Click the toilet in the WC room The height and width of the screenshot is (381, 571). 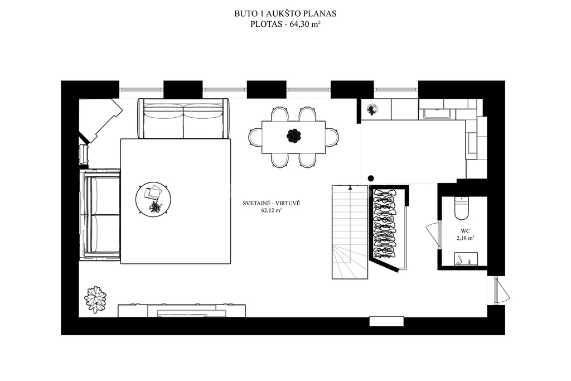point(461,208)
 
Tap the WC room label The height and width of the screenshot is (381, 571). point(465,231)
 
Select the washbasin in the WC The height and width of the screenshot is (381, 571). point(466,259)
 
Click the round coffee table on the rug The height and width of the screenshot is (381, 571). point(154,200)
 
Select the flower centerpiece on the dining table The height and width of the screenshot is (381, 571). point(293,136)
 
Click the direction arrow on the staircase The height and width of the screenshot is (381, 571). point(350,188)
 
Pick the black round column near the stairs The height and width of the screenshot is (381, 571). point(371,179)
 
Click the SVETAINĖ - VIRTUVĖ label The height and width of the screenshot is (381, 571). point(272,203)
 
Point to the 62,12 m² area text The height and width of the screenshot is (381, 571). point(272,210)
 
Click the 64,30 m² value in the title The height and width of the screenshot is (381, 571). point(305,25)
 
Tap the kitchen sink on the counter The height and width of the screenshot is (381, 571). point(437,114)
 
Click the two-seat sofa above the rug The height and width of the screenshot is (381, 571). point(184,118)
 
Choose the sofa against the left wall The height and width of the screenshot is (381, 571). point(100,215)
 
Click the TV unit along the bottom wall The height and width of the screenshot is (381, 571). point(182,310)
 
